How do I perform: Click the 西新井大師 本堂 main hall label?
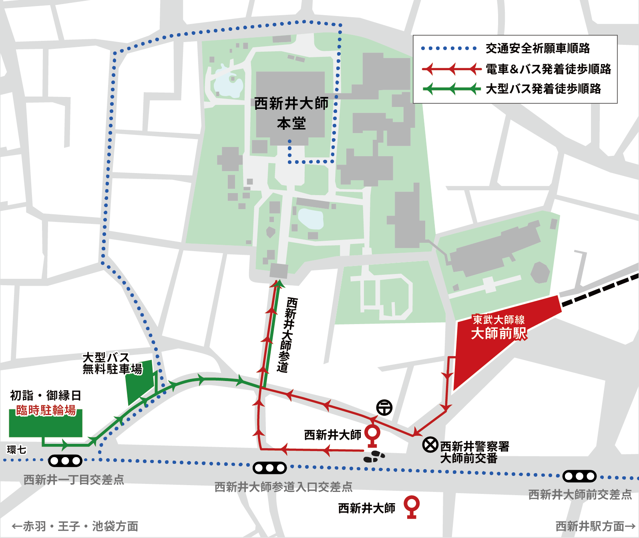(291, 113)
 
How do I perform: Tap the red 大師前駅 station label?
(499, 333)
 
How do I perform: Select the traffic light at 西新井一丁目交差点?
(65, 461)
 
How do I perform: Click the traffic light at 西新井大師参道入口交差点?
(269, 467)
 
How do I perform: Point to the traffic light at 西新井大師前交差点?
(579, 476)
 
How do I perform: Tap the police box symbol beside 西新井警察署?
(430, 445)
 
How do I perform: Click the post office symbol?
(384, 407)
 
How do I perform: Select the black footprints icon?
(374, 456)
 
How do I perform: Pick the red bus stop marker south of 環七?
(412, 506)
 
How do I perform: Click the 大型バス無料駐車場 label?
(112, 363)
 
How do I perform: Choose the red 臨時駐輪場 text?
(46, 410)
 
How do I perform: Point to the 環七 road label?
(16, 449)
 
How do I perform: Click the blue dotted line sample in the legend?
(449, 48)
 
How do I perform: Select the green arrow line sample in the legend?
(452, 89)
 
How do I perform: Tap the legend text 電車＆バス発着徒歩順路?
(548, 69)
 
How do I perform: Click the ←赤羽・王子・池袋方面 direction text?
(75, 526)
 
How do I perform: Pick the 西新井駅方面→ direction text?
(595, 526)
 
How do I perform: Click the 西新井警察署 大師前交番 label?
(474, 452)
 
